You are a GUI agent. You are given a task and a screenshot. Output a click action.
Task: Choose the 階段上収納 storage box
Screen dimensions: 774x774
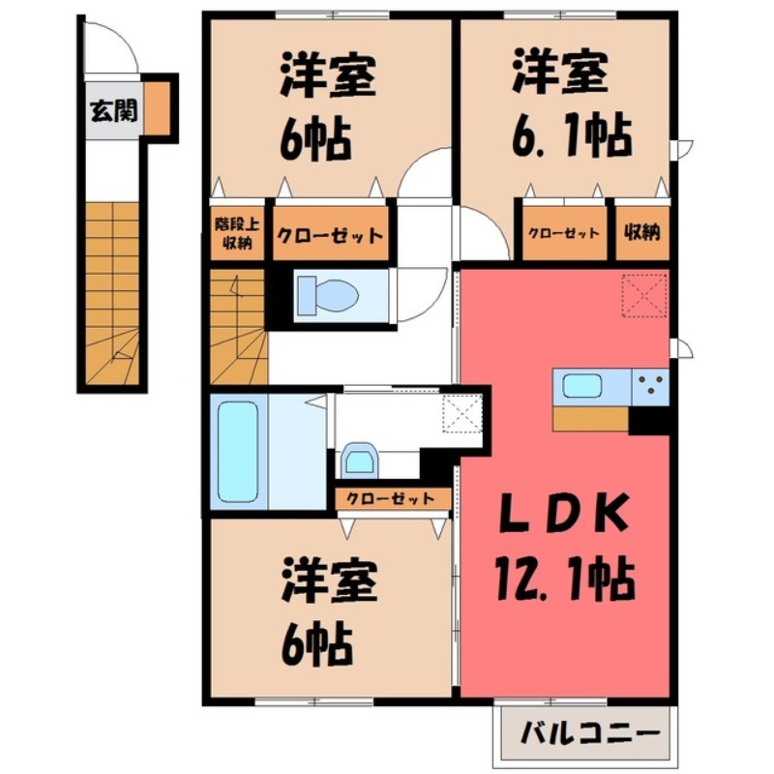coord(233,235)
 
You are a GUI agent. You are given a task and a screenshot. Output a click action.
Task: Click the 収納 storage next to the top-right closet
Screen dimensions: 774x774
coord(640,233)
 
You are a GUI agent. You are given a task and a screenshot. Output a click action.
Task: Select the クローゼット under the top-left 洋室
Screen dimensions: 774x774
coord(330,235)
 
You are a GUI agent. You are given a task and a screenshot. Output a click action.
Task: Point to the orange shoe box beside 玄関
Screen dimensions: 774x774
coord(158,107)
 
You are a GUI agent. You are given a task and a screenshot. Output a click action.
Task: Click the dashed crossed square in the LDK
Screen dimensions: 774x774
coord(644,296)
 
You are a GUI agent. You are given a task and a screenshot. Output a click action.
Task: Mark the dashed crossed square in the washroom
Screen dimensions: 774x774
coord(461,415)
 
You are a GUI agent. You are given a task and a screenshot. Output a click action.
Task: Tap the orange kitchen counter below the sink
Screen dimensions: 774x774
coord(590,417)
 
